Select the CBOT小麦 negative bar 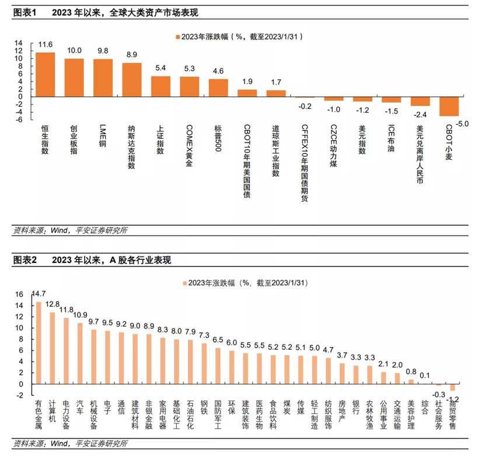click(x=449, y=107)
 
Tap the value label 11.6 click(x=46, y=44)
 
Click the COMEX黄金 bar click(x=189, y=86)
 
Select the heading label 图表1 click(x=25, y=12)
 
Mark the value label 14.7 click(x=39, y=293)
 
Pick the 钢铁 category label click(x=204, y=406)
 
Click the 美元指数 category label click(x=362, y=139)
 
